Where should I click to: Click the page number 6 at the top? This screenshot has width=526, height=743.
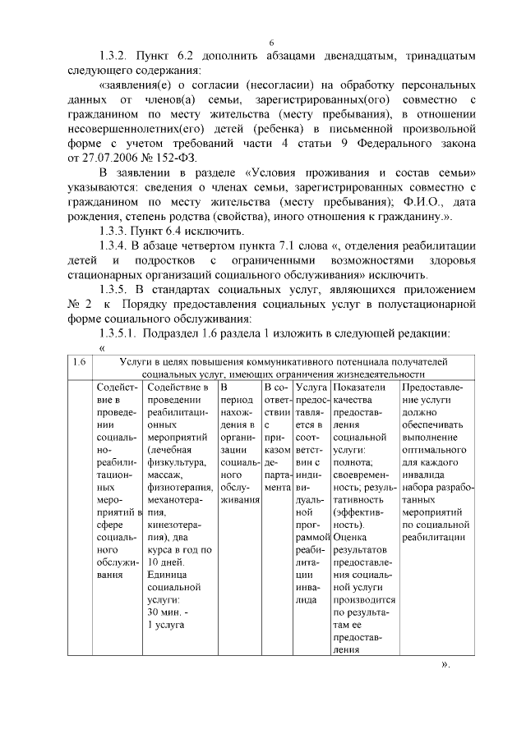coord(271,44)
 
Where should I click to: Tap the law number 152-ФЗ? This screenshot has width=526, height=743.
coord(177,157)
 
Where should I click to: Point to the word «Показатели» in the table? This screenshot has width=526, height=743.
coord(360,388)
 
